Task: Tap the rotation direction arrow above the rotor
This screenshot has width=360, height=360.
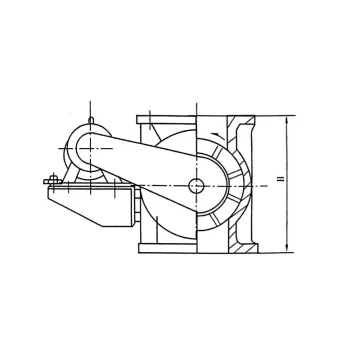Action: (214, 130)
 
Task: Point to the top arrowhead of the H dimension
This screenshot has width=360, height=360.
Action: (287, 119)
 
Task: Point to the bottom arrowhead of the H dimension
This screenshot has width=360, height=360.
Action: (287, 251)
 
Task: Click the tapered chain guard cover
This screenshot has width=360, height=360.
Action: (150, 160)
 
